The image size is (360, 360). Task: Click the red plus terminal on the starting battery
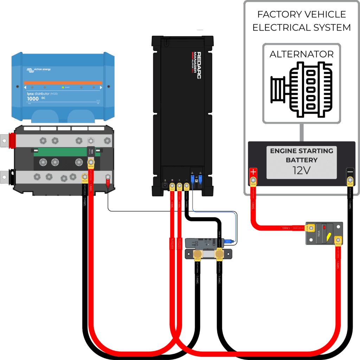coord(253,173)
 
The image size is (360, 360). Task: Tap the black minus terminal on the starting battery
coord(350,172)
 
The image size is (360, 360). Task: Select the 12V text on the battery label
coord(301,171)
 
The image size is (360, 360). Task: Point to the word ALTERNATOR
coord(301,55)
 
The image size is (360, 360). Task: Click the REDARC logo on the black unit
coord(199,65)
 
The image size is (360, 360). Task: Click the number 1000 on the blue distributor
coord(33,99)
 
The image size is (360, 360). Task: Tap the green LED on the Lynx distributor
coord(63,87)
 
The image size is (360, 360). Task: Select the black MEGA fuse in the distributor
coord(90,152)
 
